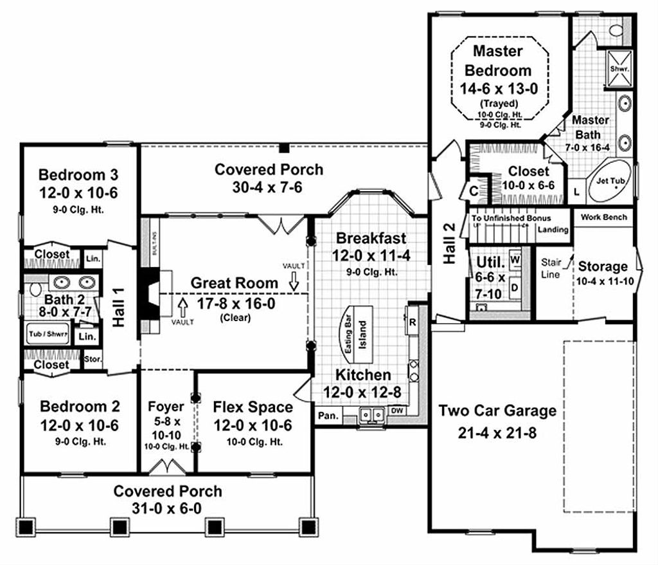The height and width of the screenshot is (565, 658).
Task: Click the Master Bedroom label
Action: click(x=498, y=60)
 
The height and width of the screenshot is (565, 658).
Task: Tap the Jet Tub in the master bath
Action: click(x=610, y=182)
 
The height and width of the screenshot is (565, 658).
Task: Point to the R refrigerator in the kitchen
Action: click(x=411, y=320)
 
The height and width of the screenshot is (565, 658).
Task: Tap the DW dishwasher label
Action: click(x=396, y=410)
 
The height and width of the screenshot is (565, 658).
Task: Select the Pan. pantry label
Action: click(x=327, y=416)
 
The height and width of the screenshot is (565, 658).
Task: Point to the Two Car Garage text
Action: click(x=497, y=411)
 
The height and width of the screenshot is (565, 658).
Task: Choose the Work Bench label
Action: click(x=603, y=218)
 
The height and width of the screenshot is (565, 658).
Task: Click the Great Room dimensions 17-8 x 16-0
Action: click(x=235, y=302)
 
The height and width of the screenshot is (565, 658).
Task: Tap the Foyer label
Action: click(x=166, y=407)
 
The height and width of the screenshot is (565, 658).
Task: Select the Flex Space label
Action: click(x=253, y=407)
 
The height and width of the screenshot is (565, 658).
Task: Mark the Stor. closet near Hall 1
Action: click(x=93, y=360)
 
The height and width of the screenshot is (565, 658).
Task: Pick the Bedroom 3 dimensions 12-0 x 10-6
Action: click(x=78, y=193)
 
